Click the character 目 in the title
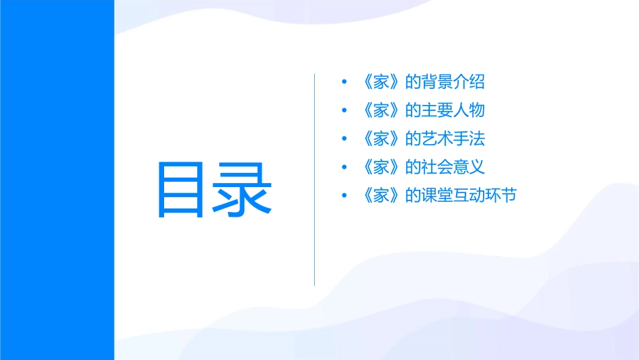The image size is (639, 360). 180,189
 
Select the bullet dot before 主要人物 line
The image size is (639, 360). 344,110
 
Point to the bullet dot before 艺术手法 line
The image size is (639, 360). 344,139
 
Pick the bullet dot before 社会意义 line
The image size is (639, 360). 344,168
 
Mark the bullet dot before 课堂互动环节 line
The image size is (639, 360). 344,196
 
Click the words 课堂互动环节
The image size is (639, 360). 468,196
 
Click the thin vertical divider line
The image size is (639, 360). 315,180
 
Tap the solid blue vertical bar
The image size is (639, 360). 57,180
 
